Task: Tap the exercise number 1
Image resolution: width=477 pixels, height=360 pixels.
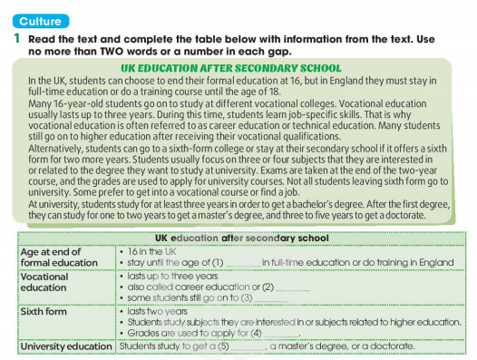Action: [16, 40]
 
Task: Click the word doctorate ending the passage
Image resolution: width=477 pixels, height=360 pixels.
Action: [423, 216]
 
